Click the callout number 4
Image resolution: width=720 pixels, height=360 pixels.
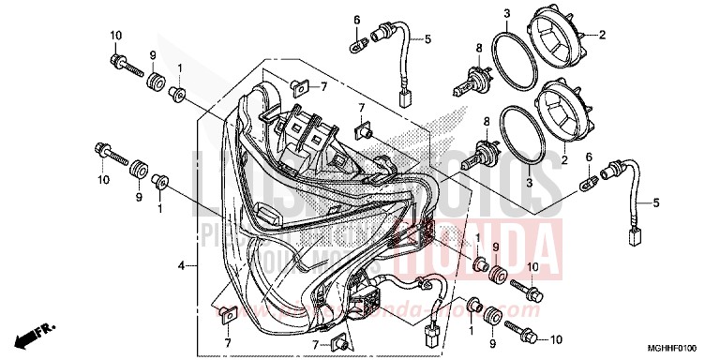[x=179, y=266]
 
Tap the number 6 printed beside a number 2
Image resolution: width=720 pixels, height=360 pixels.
[x=589, y=157]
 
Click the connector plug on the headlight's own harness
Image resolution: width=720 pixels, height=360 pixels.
[x=433, y=332]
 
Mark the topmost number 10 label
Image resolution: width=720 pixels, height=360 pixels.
[x=117, y=36]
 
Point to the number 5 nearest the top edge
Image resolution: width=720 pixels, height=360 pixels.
[x=427, y=39]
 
